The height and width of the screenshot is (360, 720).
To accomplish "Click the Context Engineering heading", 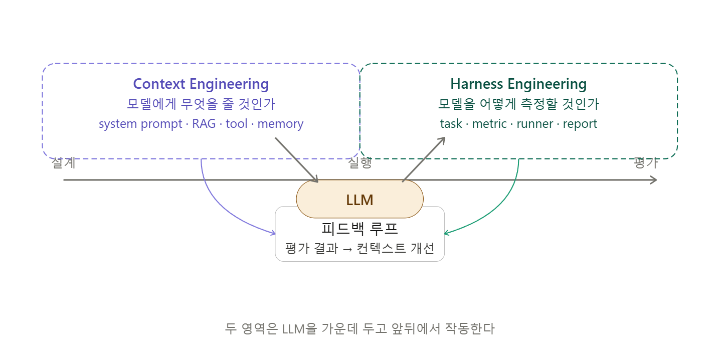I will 201,84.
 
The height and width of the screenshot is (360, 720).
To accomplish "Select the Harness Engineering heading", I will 518,84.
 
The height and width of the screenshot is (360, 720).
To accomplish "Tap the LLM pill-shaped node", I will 359,200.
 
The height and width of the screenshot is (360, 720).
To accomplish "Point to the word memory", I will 280,124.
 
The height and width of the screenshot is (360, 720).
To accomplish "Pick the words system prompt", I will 140,124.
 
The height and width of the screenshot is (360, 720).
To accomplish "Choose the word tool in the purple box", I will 237,124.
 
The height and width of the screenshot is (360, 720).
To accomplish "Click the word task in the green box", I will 451,124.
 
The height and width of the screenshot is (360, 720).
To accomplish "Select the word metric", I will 489,124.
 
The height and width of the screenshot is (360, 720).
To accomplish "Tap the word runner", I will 534,124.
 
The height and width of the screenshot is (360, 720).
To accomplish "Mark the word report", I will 580,124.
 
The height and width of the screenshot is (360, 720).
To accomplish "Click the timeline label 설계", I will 64,163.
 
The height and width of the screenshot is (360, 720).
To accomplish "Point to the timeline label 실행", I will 359,163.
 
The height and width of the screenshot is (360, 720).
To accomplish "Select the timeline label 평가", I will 645,163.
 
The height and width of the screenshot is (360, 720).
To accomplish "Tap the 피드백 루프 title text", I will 359,229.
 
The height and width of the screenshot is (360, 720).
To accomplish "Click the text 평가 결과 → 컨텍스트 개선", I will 359,248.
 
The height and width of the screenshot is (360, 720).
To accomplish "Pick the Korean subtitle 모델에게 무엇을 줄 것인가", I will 201,104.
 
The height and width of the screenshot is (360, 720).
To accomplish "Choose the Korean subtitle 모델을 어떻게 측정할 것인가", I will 518,104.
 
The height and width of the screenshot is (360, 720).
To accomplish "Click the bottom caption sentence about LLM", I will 359,329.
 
